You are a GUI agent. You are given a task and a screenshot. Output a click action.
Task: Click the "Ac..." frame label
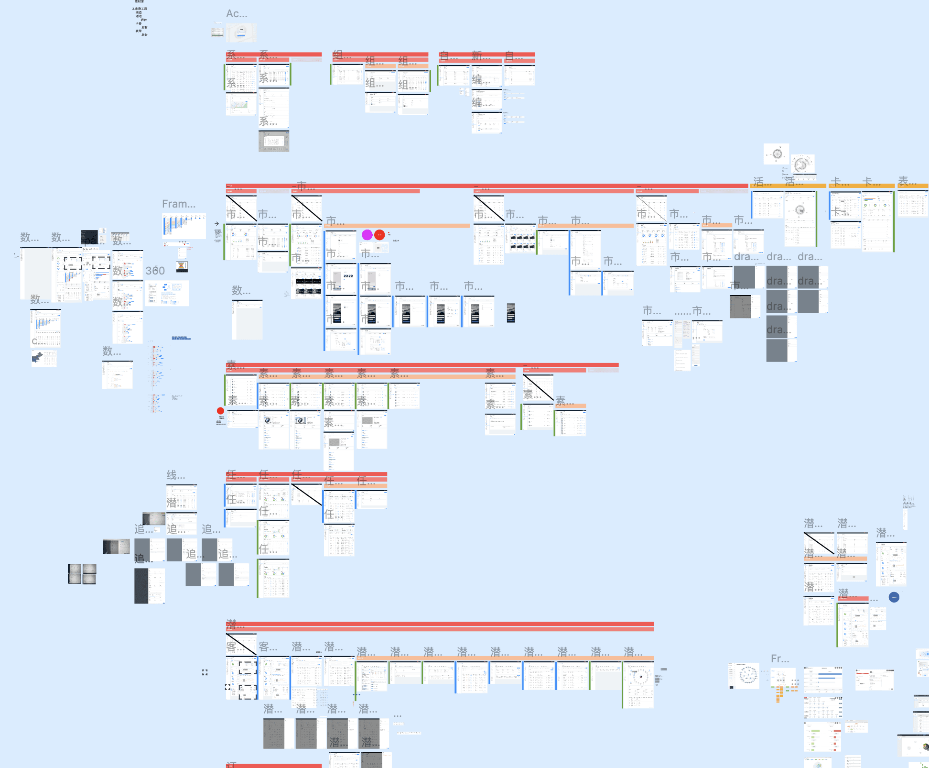pos(237,14)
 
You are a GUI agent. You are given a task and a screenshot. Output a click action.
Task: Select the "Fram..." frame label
pos(178,204)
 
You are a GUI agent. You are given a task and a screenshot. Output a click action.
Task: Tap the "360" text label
pos(155,271)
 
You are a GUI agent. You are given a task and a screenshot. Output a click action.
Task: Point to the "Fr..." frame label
pos(779,659)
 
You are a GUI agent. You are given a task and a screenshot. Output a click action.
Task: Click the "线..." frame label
pos(175,475)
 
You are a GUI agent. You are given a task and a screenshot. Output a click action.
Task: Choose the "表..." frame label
pos(907,181)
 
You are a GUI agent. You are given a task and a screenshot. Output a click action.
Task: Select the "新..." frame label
pos(481,56)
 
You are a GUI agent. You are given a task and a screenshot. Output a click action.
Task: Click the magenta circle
pos(367,235)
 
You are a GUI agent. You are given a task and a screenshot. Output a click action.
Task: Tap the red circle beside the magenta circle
pos(379,235)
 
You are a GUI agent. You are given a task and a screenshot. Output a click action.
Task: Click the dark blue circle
pos(894,597)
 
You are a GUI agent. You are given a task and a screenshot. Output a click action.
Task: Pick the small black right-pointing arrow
pos(216,223)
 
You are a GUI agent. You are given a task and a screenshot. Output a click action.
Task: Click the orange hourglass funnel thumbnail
pos(182,266)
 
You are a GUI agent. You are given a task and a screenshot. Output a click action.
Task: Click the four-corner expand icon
pos(205,672)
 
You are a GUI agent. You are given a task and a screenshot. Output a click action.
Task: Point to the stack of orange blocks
pos(779,694)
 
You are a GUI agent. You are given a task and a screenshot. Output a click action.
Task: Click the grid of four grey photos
pos(82,574)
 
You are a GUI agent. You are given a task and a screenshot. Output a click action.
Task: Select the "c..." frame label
pos(38,341)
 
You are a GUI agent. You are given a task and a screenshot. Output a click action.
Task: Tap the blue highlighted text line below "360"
pos(181,338)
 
